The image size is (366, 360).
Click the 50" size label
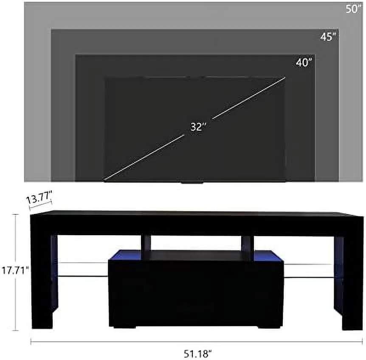(x=352, y=9)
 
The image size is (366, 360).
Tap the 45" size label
(x=328, y=37)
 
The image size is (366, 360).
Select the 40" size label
(x=304, y=62)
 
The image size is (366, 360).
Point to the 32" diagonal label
(x=198, y=127)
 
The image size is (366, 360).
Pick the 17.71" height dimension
(x=15, y=270)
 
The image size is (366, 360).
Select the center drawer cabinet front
(x=196, y=293)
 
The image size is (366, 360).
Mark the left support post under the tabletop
(x=146, y=243)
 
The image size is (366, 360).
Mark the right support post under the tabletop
(x=247, y=243)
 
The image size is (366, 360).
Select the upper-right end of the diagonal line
(x=284, y=78)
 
